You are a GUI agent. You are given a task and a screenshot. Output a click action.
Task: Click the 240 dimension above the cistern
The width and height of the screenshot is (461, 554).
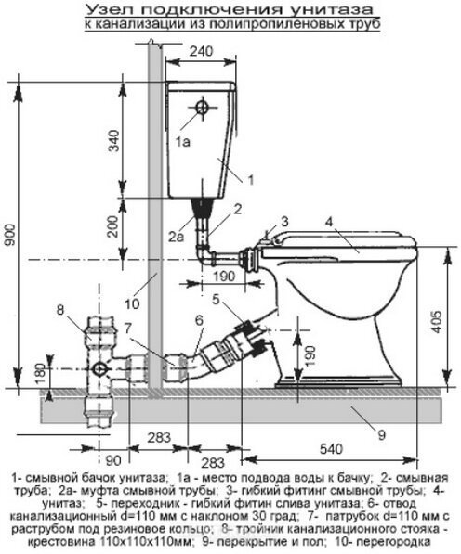pyautogui.click(x=201, y=52)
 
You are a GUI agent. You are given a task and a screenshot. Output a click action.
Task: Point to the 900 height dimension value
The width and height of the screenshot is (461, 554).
pyautogui.click(x=10, y=235)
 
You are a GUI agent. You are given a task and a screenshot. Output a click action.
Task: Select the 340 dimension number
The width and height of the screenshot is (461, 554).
pyautogui.click(x=114, y=141)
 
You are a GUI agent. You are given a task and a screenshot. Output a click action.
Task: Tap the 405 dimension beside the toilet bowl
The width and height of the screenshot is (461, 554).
pyautogui.click(x=437, y=321)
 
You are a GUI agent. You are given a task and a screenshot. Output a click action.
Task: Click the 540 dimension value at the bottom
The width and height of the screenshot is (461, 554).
pyautogui.click(x=331, y=449)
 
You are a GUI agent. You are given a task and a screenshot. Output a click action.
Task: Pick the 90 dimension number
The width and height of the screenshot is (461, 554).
pyautogui.click(x=113, y=460)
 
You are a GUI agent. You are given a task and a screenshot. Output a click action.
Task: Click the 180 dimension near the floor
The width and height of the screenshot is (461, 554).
pyautogui.click(x=41, y=374)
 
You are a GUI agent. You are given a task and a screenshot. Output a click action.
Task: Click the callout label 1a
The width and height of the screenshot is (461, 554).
pyautogui.click(x=183, y=142)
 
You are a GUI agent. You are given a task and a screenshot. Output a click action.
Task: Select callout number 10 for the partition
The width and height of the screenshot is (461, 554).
pyautogui.click(x=132, y=304)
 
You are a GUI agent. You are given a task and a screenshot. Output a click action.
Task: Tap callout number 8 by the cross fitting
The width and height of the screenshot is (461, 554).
pyautogui.click(x=60, y=310)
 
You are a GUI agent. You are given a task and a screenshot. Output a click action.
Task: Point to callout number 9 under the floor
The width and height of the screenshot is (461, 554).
pyautogui.click(x=381, y=435)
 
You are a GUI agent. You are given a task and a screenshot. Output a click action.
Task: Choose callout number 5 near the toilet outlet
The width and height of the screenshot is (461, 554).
pyautogui.click(x=217, y=300)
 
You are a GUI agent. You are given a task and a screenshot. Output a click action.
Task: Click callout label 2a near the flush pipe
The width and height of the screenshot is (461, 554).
pyautogui.click(x=176, y=237)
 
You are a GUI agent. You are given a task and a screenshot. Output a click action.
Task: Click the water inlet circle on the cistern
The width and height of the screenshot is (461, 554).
pyautogui.click(x=202, y=108)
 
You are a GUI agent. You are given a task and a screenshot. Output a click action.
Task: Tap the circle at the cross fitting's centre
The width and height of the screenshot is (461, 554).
pyautogui.click(x=98, y=369)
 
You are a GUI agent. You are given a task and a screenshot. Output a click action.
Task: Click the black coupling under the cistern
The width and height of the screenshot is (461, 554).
pyautogui.click(x=203, y=207)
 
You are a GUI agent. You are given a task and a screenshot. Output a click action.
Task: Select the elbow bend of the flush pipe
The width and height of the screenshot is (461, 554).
pyautogui.click(x=204, y=256)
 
